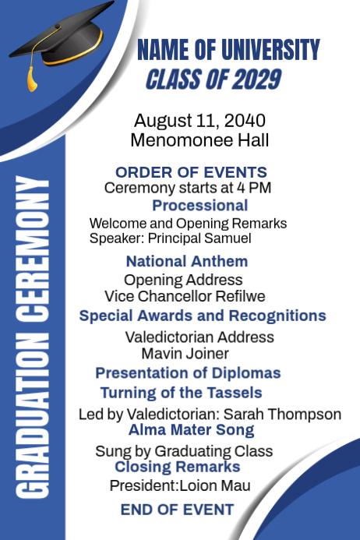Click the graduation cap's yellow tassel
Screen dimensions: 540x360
(x=32, y=77)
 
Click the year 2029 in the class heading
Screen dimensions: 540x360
(x=256, y=79)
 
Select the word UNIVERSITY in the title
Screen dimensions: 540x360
(x=270, y=51)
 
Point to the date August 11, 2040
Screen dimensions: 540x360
(x=199, y=121)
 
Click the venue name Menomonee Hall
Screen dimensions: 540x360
(x=199, y=140)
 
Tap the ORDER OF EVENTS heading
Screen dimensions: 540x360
(x=191, y=172)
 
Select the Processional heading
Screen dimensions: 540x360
(x=199, y=206)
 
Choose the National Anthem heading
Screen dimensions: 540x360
(x=187, y=261)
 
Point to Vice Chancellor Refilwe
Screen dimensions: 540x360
(x=185, y=296)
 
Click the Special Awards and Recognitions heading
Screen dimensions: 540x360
(x=203, y=316)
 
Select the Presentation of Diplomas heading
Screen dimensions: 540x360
(x=188, y=373)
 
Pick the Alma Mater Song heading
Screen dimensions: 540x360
(x=191, y=429)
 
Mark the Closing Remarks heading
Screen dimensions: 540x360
(x=177, y=467)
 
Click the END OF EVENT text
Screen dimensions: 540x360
(x=177, y=510)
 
